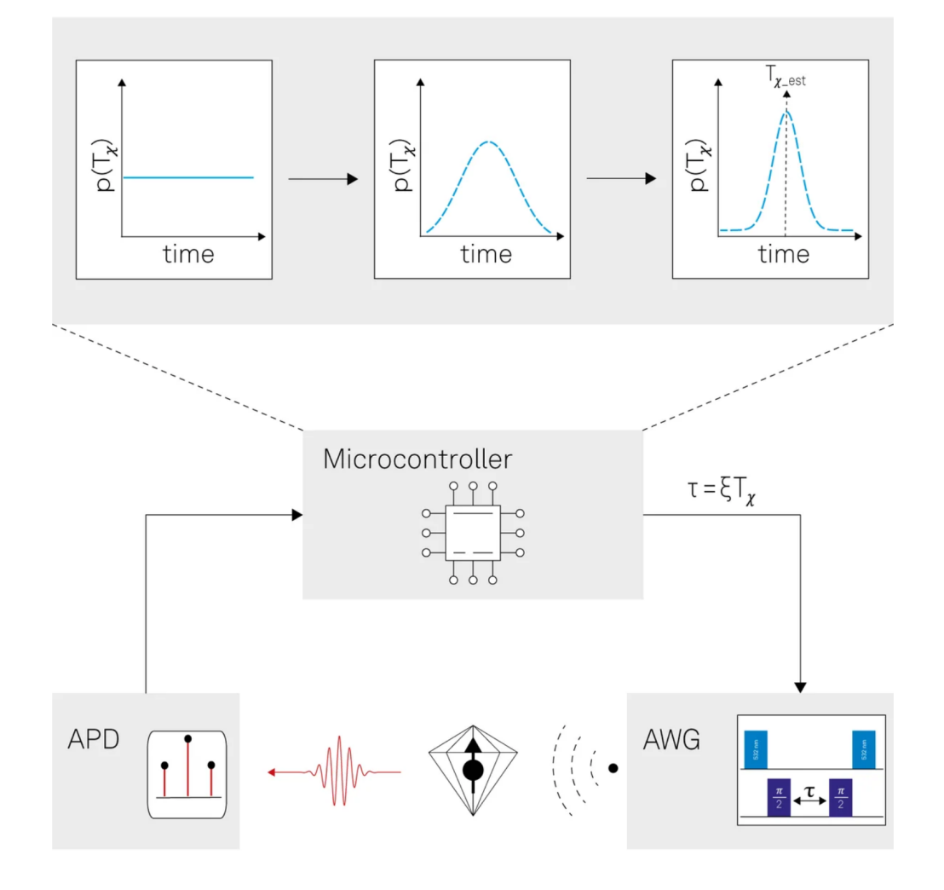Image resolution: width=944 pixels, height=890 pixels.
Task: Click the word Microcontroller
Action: pos(417,460)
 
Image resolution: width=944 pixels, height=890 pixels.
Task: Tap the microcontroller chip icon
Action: pos(471,535)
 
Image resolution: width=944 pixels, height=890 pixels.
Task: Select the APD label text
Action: pos(93,739)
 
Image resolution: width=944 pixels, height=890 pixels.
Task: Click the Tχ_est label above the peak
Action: pos(785,82)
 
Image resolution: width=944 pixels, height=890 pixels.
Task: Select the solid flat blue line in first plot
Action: pos(188,177)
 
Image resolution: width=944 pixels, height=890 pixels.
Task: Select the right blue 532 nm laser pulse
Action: pos(864,749)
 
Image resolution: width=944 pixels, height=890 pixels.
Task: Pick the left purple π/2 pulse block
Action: pos(779,798)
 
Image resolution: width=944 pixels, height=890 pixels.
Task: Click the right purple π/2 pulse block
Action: pos(841,798)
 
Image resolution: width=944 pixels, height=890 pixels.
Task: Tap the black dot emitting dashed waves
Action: pos(612,768)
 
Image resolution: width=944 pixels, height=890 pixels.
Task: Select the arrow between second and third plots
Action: pos(622,179)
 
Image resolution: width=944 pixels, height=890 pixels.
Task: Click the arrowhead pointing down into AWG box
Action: pos(800,686)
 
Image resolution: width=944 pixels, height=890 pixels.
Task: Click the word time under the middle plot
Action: pos(486,254)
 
